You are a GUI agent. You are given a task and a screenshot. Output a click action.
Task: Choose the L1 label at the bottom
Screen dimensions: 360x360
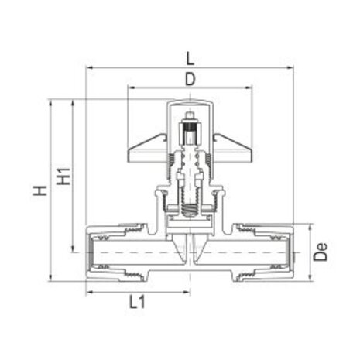(x=137, y=302)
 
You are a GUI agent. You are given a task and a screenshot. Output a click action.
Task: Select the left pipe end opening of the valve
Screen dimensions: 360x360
(x=89, y=252)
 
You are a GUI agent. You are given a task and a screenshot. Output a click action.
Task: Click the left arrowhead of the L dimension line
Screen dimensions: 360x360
(x=87, y=67)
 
